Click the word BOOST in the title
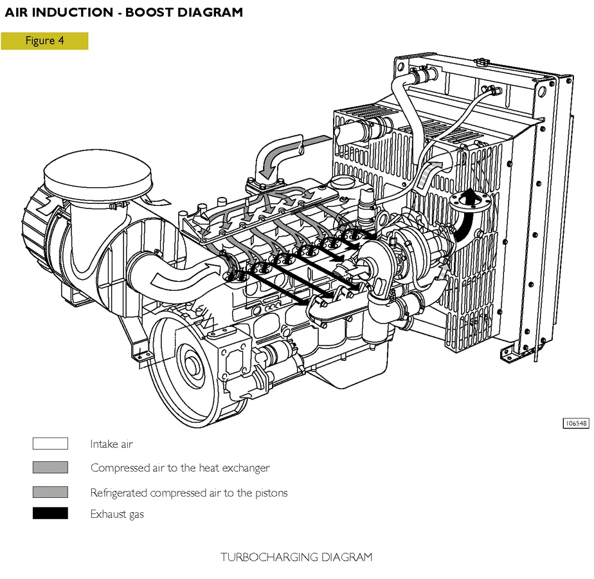point(154,12)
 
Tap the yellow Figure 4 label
point(44,41)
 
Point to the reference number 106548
point(575,423)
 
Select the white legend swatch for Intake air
point(50,444)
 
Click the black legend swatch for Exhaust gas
point(50,513)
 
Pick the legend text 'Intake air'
point(111,444)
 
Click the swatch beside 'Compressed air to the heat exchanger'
point(50,468)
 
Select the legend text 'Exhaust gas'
point(117,514)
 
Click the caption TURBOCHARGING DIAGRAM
point(296,556)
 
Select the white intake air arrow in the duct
point(177,273)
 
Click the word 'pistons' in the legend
point(270,493)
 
